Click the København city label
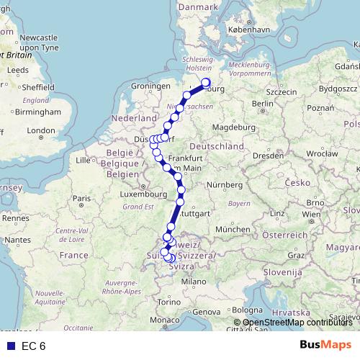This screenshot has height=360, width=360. [x=248, y=31]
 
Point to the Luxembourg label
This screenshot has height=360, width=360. [x=144, y=194]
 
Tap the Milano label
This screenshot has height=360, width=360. [x=189, y=282]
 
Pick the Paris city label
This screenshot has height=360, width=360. [x=86, y=199]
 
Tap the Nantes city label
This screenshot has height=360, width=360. [x=16, y=238]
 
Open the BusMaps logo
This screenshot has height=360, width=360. [x=325, y=346]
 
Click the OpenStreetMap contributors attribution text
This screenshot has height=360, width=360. [x=297, y=323]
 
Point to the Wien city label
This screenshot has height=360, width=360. [x=312, y=215]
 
